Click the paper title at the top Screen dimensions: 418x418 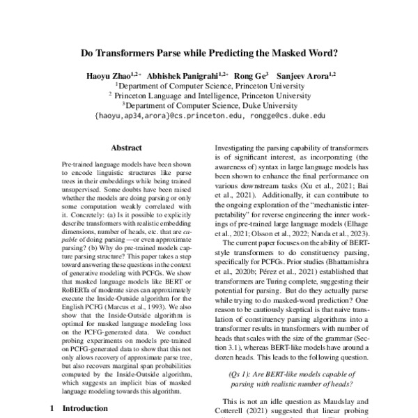[x=209, y=51]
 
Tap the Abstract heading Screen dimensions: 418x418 [x=126, y=148]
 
